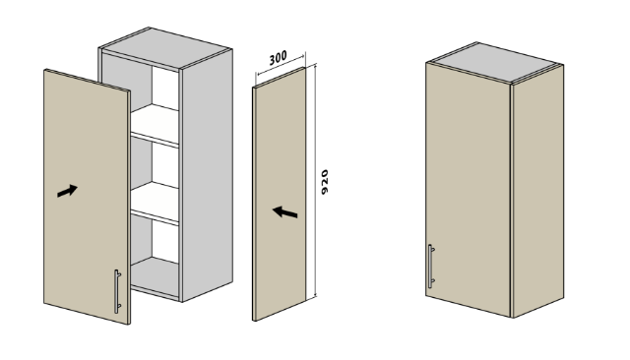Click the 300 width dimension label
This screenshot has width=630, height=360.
coord(278,58)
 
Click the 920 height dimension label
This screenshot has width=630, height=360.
coord(325,182)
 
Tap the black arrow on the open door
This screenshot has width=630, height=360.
coord(67,191)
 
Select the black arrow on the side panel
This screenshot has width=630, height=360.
coord(284,211)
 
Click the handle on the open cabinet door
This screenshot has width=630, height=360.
coord(117,291)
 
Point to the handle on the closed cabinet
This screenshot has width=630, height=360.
coord(431,267)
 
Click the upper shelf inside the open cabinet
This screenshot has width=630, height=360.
coord(156,124)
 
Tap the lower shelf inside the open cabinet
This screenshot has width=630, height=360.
coord(156,202)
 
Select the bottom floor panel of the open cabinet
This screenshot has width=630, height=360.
coord(156,277)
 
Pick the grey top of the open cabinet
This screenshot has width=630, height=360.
coord(165,48)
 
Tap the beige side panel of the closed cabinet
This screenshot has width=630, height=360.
coord(538,191)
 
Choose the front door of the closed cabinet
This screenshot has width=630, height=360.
coord(469,189)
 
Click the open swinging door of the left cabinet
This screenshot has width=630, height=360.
coord(87,197)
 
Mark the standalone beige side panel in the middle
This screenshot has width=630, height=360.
coord(279,194)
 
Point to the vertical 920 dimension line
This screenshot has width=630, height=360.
coord(315,180)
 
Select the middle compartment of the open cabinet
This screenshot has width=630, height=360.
coord(156,164)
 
